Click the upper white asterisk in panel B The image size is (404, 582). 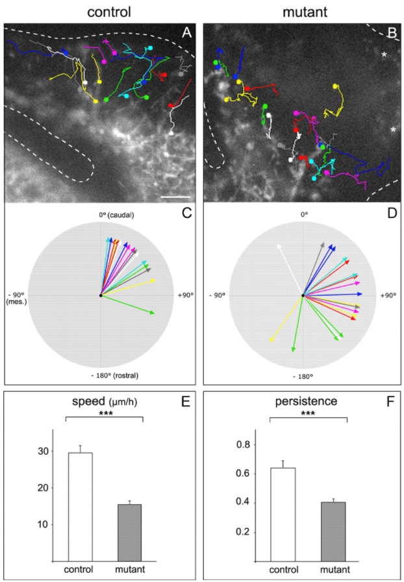pos(384,56)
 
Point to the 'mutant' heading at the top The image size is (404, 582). pos(303,11)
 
